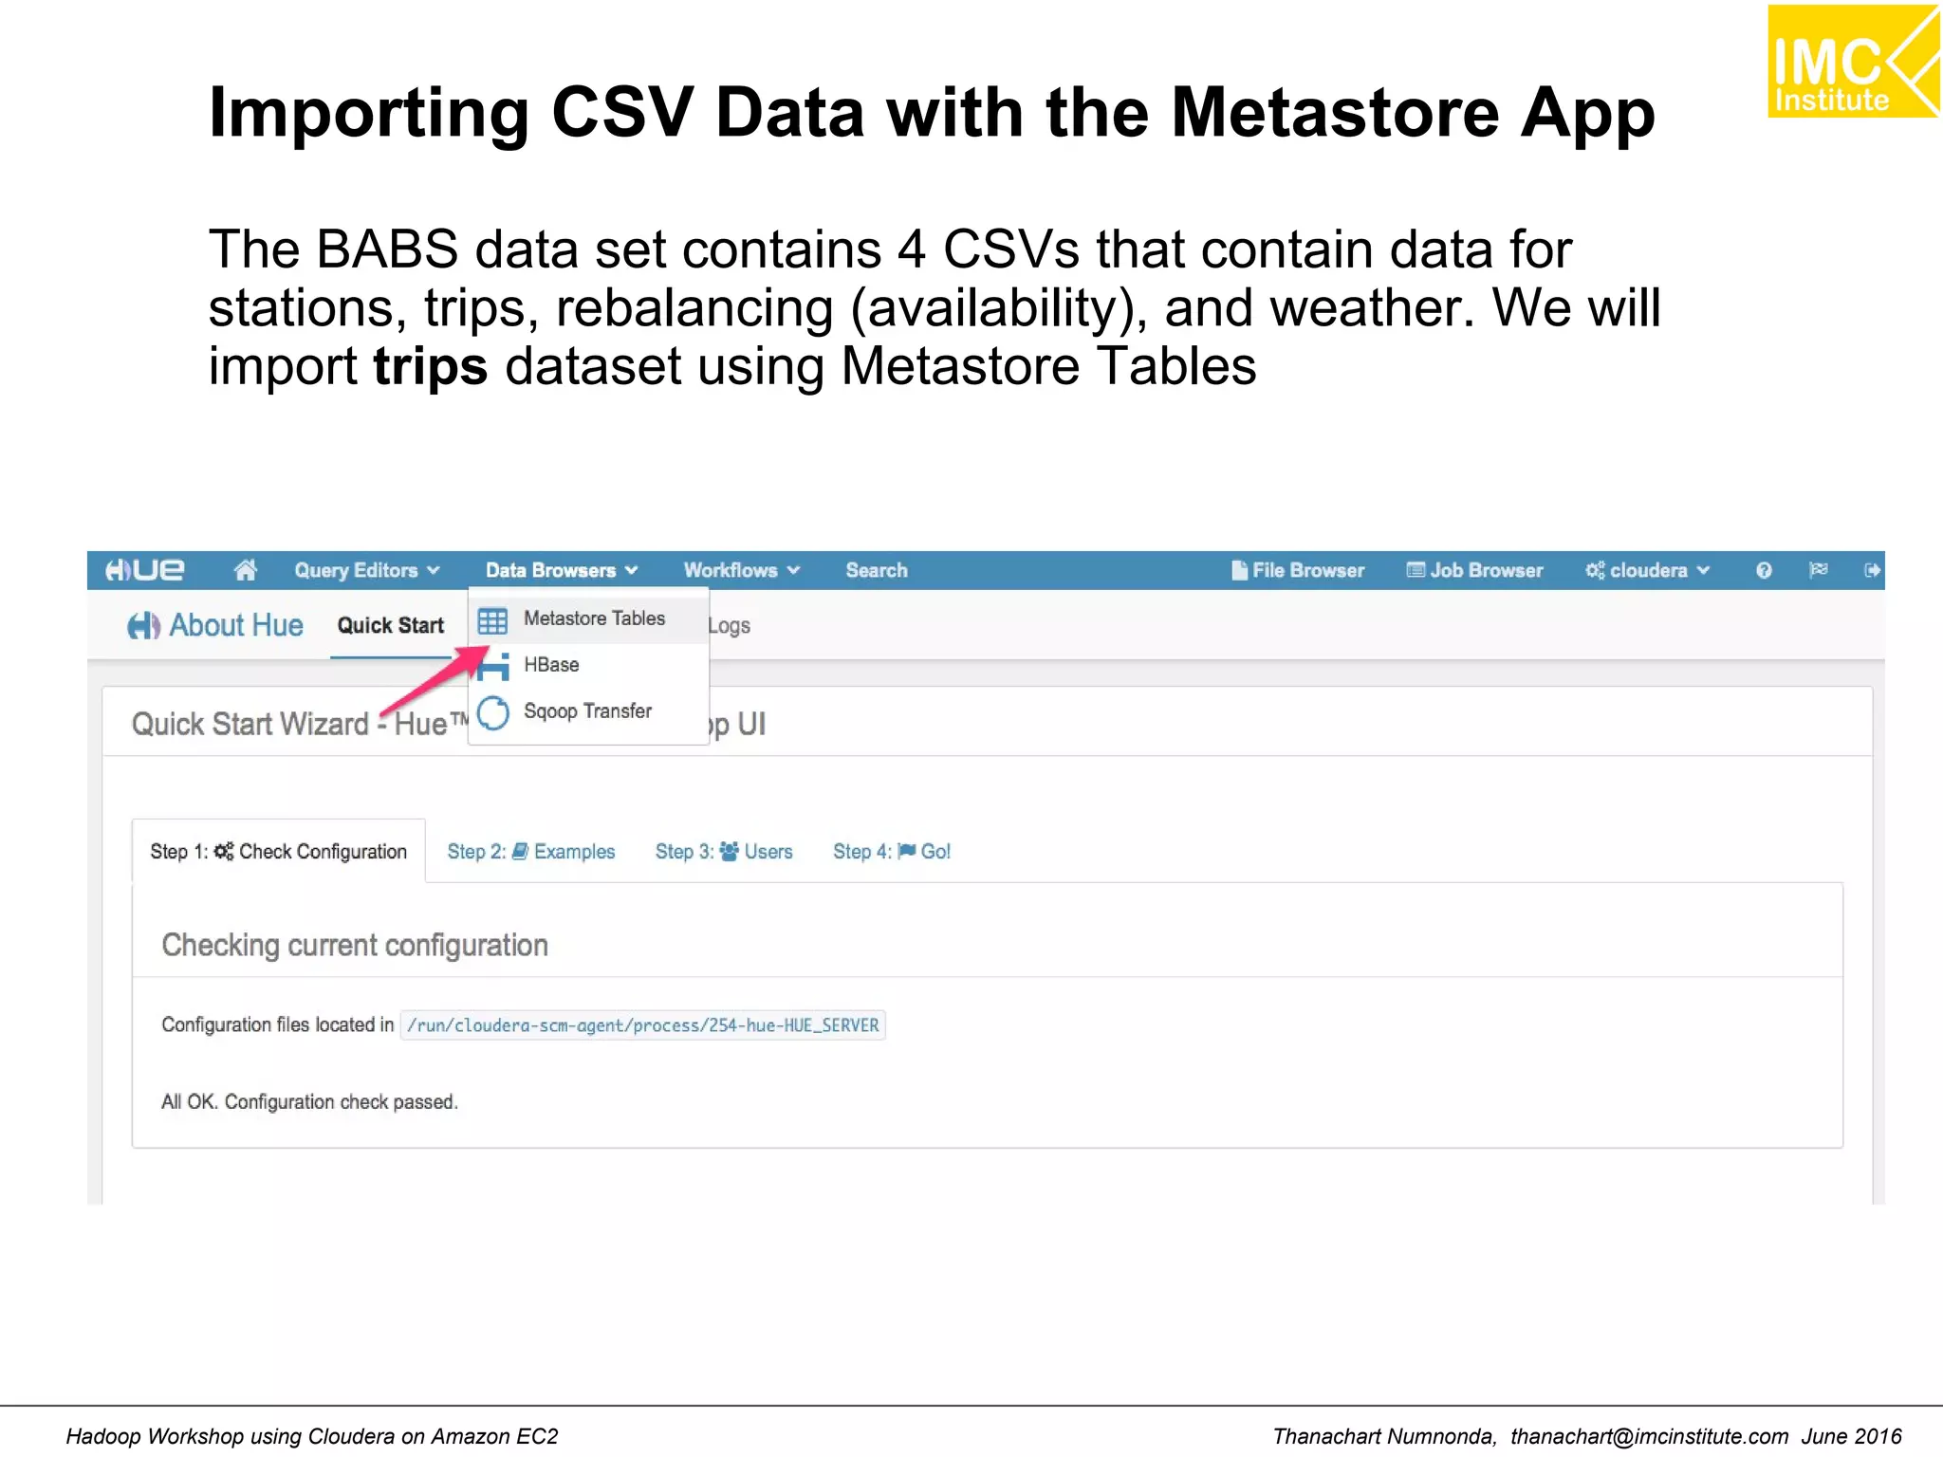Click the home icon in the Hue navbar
(x=246, y=570)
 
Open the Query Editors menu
(x=366, y=570)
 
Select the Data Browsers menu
(x=561, y=570)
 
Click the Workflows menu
(x=741, y=570)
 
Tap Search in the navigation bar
(x=877, y=570)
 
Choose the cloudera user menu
(x=1647, y=570)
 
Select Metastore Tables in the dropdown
(x=593, y=618)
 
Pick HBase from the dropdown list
(x=551, y=665)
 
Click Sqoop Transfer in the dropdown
(x=587, y=711)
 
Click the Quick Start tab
(x=391, y=625)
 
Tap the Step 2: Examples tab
(x=530, y=852)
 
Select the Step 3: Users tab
(x=723, y=852)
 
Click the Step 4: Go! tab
(x=891, y=852)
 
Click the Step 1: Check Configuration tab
(x=278, y=852)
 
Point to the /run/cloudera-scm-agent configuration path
(x=642, y=1025)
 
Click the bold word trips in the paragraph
(x=430, y=366)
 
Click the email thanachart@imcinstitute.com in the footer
(x=1649, y=1436)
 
